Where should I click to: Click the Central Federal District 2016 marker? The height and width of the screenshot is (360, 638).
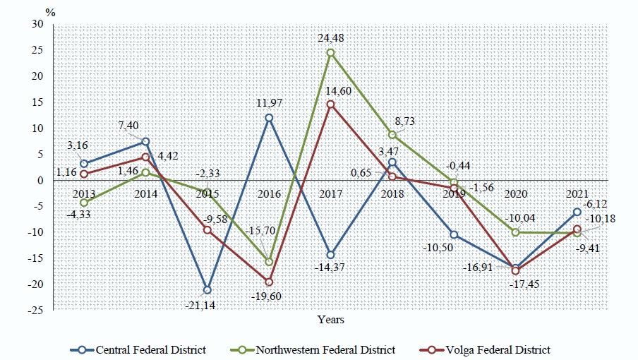[269, 118]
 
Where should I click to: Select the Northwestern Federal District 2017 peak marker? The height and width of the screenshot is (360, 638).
[330, 53]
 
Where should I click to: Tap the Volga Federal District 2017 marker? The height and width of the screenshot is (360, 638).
[330, 104]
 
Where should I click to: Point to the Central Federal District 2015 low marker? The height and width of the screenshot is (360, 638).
[207, 290]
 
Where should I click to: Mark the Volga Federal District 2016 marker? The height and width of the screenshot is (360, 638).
[269, 282]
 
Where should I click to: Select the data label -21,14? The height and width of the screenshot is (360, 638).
[207, 305]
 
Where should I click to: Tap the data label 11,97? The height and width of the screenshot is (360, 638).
[269, 104]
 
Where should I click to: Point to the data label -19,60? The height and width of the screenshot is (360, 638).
[269, 297]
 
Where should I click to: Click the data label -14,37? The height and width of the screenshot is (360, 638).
[330, 270]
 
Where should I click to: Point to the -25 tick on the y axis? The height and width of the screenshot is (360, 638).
[35, 310]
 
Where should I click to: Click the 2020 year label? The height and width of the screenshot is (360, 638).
[515, 193]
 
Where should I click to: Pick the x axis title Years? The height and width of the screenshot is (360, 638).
[330, 320]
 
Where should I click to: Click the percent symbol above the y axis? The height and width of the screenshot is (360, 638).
[49, 11]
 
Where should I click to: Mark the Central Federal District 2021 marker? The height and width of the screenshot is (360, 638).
[577, 212]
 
